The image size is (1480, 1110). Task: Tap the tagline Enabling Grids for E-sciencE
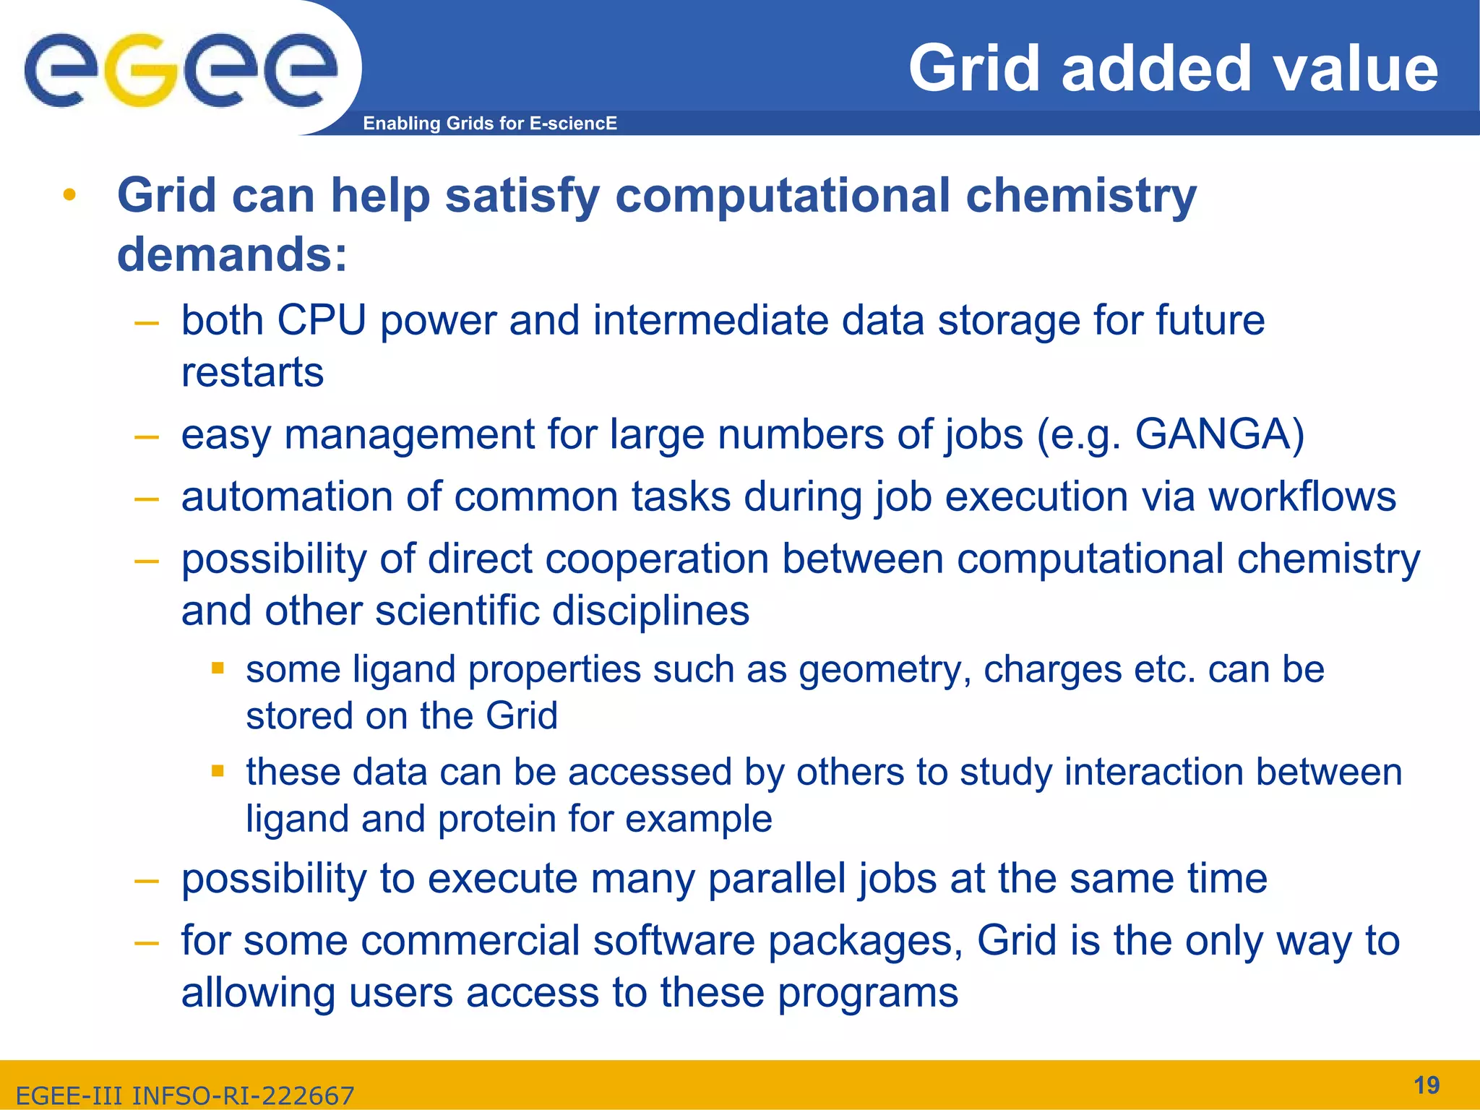(489, 124)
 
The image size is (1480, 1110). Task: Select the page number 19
(1426, 1085)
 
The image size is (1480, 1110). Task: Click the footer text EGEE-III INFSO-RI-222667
(185, 1096)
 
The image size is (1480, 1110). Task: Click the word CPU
(321, 320)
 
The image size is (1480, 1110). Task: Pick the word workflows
(1302, 497)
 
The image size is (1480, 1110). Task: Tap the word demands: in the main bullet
(232, 255)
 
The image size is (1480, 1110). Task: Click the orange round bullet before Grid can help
(69, 195)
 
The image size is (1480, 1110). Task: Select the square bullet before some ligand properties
(218, 668)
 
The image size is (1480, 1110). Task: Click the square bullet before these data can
(218, 771)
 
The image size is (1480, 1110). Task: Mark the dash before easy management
(147, 436)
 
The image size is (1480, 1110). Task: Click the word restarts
(252, 373)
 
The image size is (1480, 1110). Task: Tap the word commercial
(470, 941)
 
